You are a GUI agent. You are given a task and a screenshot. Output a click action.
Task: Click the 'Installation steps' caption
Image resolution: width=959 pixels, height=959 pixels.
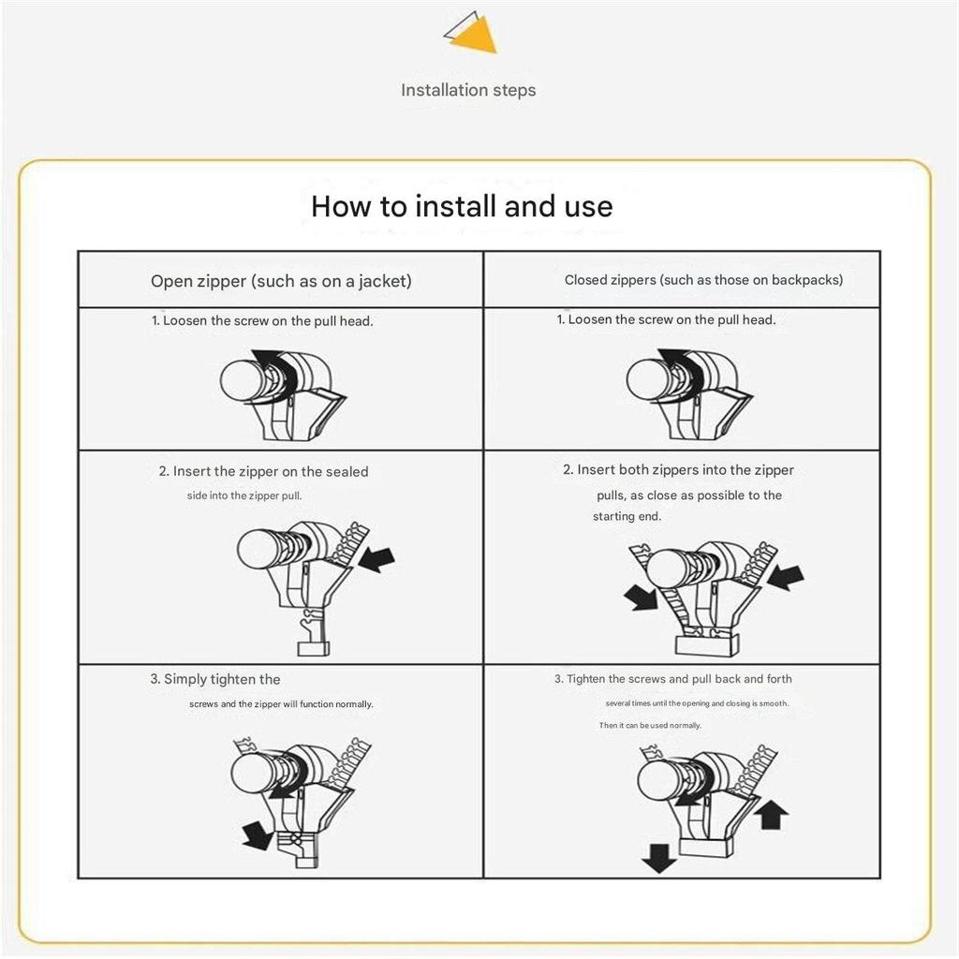point(468,91)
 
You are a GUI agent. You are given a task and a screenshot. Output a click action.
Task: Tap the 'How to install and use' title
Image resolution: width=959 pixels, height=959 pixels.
point(462,206)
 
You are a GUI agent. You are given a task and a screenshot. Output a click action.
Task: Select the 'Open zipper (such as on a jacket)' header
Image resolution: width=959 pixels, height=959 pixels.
point(281,281)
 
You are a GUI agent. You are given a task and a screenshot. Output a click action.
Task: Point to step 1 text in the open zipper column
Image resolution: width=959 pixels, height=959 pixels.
point(262,321)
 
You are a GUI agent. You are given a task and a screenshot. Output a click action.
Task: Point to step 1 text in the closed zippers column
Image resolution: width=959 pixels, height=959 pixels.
point(667,320)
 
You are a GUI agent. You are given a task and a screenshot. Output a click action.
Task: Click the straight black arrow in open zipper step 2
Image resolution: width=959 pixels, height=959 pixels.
point(376,559)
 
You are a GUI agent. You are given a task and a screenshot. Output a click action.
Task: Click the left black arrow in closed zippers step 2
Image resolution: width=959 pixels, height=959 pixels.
point(642,598)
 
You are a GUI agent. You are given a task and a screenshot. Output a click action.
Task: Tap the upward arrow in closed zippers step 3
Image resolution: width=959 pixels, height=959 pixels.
point(771,814)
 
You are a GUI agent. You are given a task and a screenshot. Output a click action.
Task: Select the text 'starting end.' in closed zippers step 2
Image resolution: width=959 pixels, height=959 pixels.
point(627,517)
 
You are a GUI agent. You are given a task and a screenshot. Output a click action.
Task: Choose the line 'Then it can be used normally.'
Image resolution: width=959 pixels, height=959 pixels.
point(650,726)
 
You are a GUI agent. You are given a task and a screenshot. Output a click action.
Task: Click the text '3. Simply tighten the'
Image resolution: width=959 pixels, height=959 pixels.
point(215,680)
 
